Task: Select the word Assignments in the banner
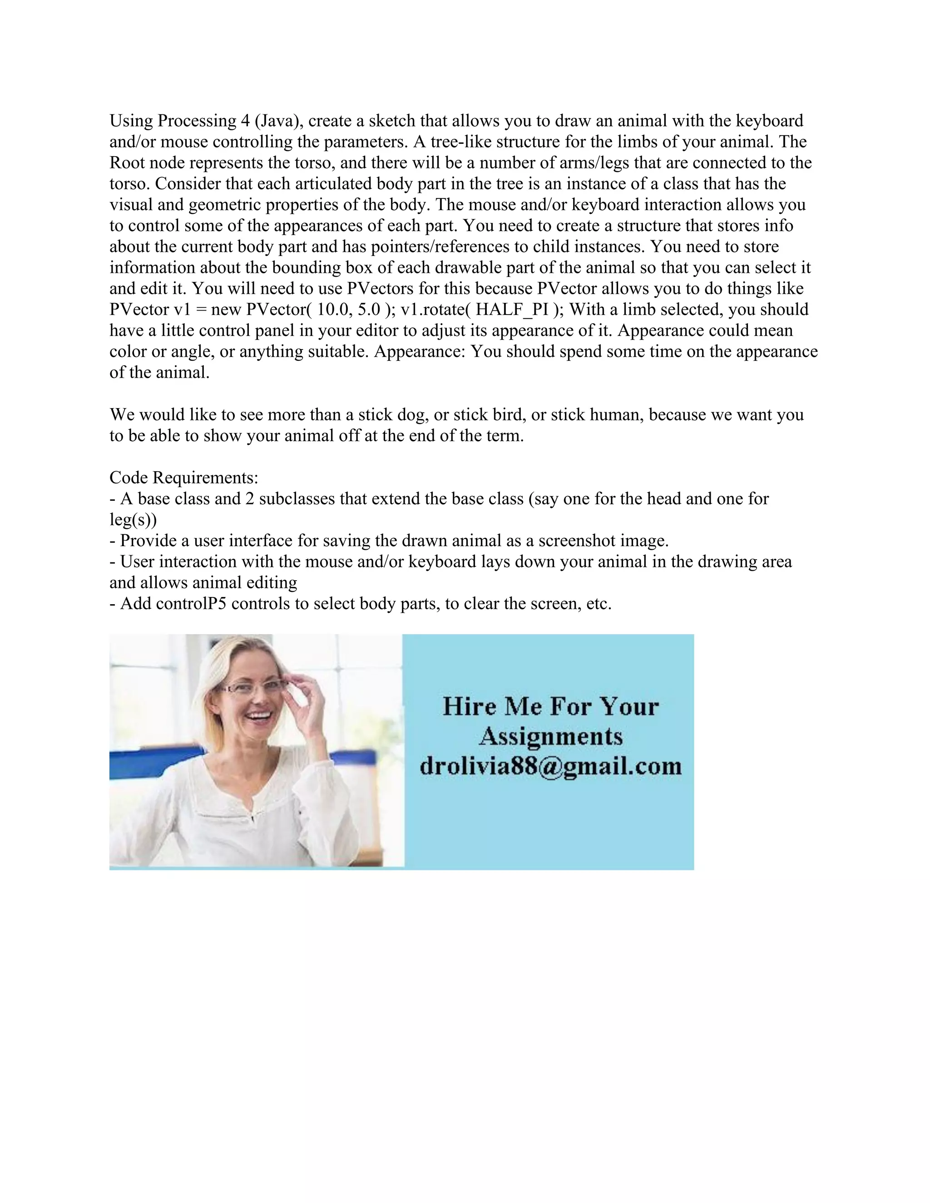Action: point(550,736)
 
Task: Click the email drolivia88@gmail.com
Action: point(550,766)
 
